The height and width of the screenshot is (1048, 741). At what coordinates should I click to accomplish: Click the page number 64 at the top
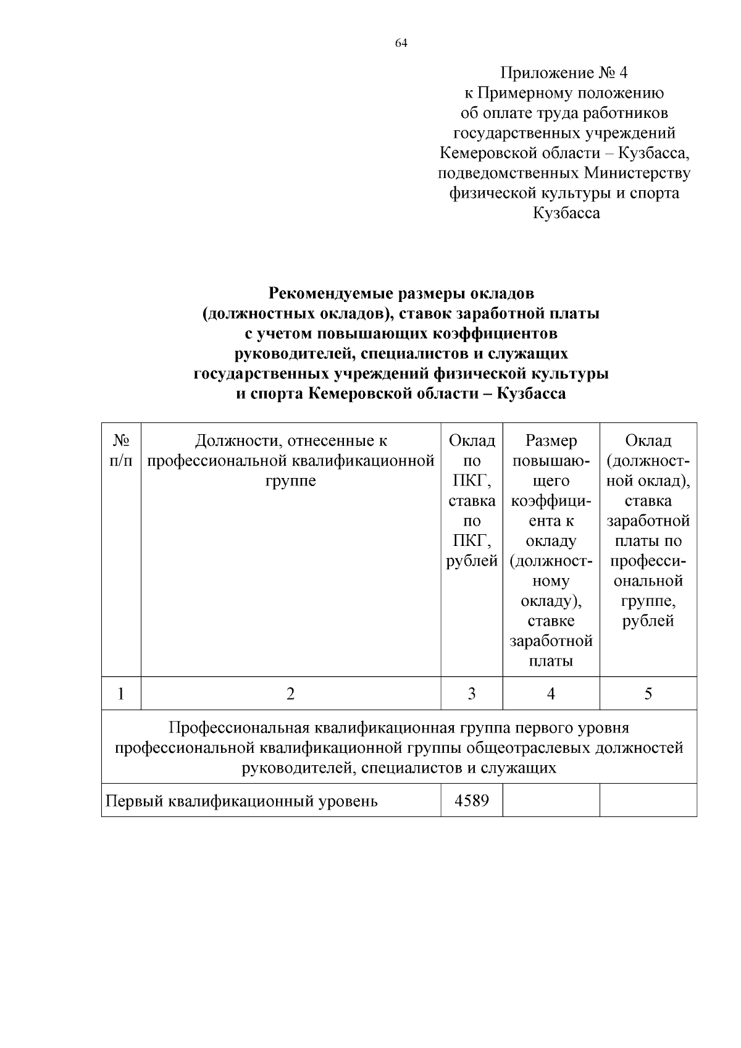[401, 43]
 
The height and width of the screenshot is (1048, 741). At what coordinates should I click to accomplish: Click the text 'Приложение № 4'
[563, 73]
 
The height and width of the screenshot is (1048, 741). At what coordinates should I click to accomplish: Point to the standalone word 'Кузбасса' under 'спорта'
[566, 213]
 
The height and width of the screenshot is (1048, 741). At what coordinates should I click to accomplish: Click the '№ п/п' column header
[121, 450]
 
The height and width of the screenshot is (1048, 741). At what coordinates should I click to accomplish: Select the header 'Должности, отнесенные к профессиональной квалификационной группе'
[291, 461]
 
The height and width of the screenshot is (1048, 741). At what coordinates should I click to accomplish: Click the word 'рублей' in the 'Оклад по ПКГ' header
[472, 561]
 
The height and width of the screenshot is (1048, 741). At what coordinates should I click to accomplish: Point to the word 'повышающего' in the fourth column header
[551, 471]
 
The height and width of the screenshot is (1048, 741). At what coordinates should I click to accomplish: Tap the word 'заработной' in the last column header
[648, 521]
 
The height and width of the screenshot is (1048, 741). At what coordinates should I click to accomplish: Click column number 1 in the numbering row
[121, 694]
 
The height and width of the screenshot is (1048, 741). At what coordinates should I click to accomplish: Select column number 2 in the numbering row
[291, 694]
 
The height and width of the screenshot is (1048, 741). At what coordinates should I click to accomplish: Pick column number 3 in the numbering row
[472, 694]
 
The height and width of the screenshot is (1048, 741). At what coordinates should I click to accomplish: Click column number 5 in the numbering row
[648, 694]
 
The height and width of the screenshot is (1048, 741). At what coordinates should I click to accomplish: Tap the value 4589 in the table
[472, 801]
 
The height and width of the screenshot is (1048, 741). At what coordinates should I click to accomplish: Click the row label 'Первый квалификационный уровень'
[241, 802]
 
